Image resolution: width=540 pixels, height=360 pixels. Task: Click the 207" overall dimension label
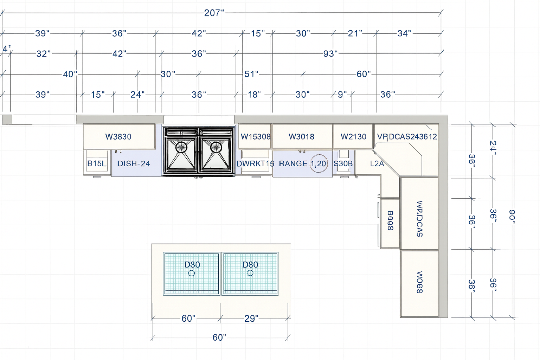[214, 13]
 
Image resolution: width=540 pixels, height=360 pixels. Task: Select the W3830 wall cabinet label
[118, 137]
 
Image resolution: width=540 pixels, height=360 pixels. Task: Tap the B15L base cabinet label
[97, 163]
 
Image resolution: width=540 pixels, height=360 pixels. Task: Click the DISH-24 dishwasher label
[134, 163]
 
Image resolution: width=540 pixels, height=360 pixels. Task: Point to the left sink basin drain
[181, 147]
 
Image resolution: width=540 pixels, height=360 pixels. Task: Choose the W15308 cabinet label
[256, 137]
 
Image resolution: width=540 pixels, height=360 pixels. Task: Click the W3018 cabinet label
[301, 137]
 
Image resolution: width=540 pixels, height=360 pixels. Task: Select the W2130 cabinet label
[353, 137]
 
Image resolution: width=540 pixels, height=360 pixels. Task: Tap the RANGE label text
[293, 163]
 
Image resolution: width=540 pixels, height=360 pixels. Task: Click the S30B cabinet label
[343, 163]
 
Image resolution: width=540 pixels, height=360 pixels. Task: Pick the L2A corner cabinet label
[377, 163]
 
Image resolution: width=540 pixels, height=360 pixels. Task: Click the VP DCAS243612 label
[407, 137]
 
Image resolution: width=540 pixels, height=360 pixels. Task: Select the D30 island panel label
[192, 265]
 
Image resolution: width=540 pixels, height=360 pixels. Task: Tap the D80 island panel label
[250, 265]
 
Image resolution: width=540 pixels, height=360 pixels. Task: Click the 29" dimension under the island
[251, 319]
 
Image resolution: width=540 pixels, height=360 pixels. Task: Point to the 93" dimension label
[330, 54]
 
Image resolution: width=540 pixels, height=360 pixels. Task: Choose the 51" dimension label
[251, 74]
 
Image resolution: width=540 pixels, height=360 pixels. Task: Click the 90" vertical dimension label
[512, 215]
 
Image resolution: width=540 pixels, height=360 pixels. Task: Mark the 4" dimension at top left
[6, 49]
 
